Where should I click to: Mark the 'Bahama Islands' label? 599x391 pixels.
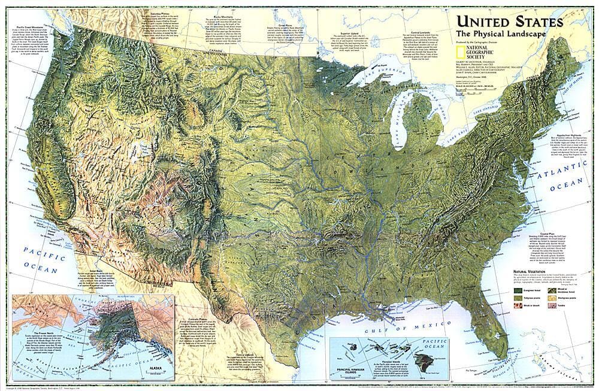(578, 353)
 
